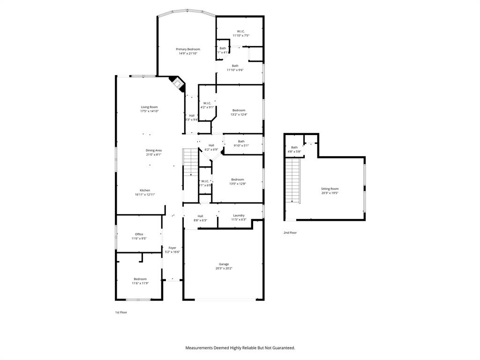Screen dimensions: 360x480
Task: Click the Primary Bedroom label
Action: point(188,49)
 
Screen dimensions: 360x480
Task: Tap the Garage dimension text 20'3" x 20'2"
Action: point(223,269)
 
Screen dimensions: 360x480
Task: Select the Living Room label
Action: point(149,107)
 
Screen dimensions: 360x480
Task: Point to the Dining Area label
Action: point(153,150)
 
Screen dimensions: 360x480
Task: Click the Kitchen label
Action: point(145,190)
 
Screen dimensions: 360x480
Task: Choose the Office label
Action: point(139,234)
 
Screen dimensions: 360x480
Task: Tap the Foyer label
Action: point(172,247)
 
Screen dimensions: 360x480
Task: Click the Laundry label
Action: point(239,215)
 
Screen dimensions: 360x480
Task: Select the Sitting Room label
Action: point(330,188)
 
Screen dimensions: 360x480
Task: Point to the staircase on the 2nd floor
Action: point(292,180)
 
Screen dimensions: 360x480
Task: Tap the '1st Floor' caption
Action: point(121,312)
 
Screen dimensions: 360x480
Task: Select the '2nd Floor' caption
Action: point(290,232)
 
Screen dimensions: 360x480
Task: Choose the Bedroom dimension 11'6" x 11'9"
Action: point(140,283)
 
